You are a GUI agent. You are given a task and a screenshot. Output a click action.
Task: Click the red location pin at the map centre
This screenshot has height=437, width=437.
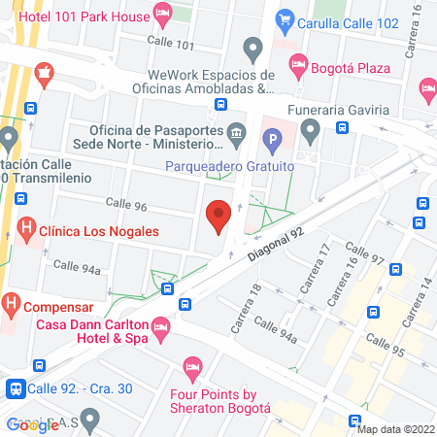pyautogui.click(x=219, y=215)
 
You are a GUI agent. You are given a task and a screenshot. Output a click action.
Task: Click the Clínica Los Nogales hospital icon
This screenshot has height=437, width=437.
pyautogui.click(x=27, y=232)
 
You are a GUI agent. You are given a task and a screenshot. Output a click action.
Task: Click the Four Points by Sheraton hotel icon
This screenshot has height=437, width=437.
pyautogui.click(x=192, y=367)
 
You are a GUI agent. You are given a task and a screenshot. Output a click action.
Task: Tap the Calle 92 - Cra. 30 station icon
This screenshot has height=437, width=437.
pyautogui.click(x=16, y=387)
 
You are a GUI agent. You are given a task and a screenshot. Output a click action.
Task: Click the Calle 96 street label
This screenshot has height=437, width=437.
pyautogui.click(x=126, y=207)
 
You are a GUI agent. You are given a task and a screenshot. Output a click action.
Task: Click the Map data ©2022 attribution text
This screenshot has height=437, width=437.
pyautogui.click(x=394, y=428)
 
